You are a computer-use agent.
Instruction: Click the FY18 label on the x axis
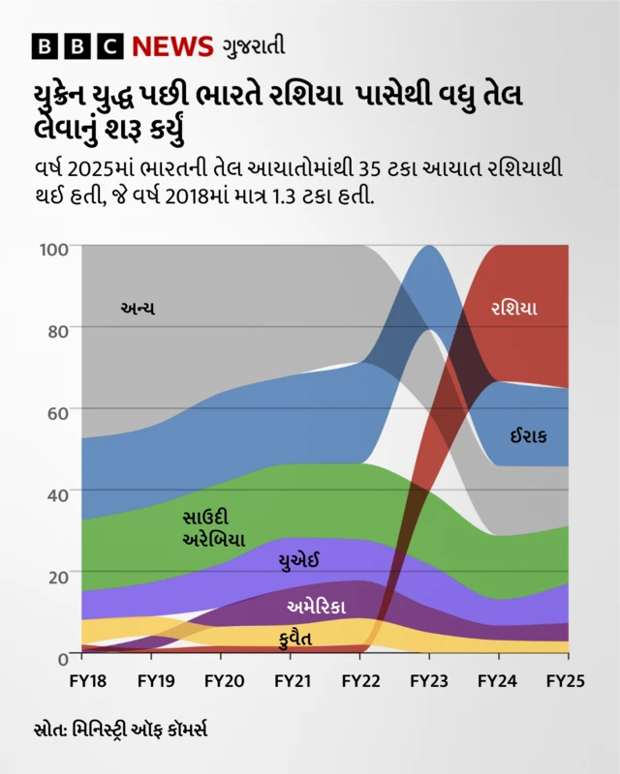pyautogui.click(x=87, y=681)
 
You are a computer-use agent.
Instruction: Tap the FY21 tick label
pyautogui.click(x=292, y=681)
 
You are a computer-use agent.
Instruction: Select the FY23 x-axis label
pyautogui.click(x=428, y=681)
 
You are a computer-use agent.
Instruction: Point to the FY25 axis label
pyautogui.click(x=565, y=681)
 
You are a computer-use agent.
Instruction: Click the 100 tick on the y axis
pyautogui.click(x=54, y=250)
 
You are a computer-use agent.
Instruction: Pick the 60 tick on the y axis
pyautogui.click(x=58, y=412)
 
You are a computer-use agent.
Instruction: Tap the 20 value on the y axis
pyautogui.click(x=58, y=575)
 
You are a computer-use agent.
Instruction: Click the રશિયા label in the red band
pyautogui.click(x=514, y=310)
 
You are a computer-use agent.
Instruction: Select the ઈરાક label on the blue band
pyautogui.click(x=529, y=436)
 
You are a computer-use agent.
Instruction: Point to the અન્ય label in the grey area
pyautogui.click(x=138, y=309)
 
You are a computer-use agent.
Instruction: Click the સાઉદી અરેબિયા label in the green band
pyautogui.click(x=213, y=528)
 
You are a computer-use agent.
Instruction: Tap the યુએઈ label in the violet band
pyautogui.click(x=298, y=561)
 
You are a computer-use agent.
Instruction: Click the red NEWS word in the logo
pyautogui.click(x=172, y=45)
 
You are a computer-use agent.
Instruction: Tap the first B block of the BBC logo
pyautogui.click(x=46, y=45)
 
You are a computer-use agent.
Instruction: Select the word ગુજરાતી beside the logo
pyautogui.click(x=253, y=45)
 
